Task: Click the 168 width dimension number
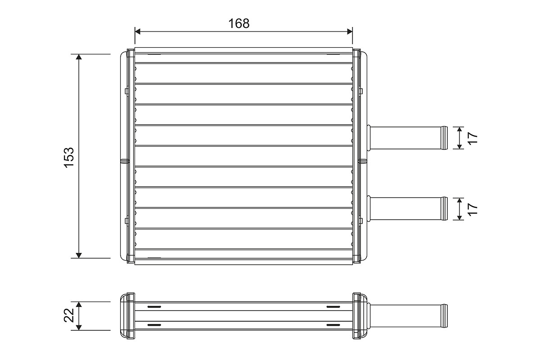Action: click(238, 24)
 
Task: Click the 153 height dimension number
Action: click(69, 157)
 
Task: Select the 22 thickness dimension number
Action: click(69, 315)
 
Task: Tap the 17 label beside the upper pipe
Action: click(473, 138)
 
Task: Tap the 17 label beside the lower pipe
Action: click(473, 209)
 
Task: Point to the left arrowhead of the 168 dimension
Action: click(138, 31)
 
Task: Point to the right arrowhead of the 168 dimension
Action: click(350, 31)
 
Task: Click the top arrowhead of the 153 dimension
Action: click(79, 57)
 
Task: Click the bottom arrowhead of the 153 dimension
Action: click(79, 255)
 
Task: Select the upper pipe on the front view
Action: click(407, 138)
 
